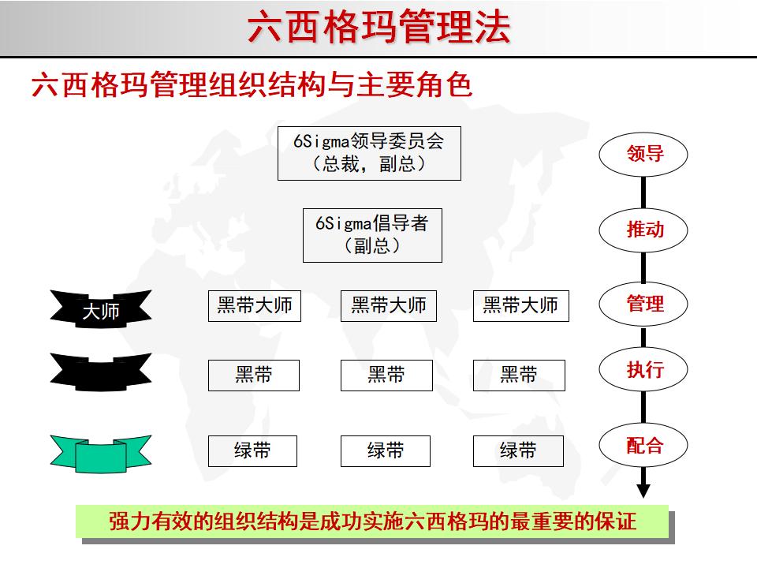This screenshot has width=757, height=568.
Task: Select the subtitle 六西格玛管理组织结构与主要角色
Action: click(252, 84)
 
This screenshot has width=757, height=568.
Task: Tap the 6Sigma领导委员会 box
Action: click(369, 152)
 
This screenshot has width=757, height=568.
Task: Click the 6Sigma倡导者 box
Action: click(372, 235)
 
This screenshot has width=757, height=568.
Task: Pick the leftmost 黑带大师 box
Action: click(255, 305)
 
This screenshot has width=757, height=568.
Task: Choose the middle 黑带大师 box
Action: click(388, 305)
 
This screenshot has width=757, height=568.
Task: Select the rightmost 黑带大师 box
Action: click(520, 305)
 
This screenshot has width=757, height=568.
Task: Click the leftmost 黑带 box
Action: click(254, 375)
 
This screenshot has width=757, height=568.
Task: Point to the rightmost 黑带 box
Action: click(519, 375)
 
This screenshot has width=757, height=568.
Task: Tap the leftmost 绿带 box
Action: click(252, 450)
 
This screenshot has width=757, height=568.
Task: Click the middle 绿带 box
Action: click(386, 450)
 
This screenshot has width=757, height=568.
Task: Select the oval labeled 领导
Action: click(644, 154)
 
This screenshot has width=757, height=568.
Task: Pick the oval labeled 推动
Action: click(644, 230)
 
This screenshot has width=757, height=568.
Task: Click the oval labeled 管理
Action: click(644, 303)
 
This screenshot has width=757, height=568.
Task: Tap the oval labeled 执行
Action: click(644, 369)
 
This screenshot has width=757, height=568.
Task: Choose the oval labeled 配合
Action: click(644, 446)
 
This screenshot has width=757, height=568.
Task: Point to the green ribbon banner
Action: click(101, 453)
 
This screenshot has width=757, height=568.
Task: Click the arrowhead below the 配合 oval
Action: click(643, 490)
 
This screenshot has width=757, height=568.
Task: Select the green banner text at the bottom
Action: click(372, 522)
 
